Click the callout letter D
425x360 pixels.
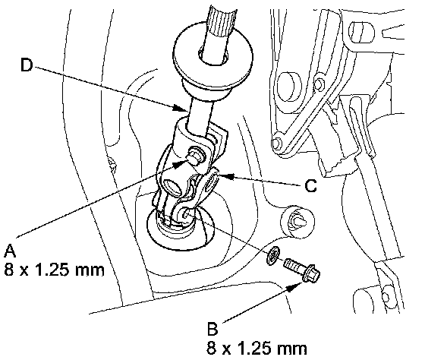[27, 65]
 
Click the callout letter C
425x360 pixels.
[310, 186]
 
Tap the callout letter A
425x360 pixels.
[10, 250]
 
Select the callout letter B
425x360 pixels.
[212, 329]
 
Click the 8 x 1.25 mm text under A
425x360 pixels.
[54, 270]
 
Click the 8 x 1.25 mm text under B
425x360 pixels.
[257, 348]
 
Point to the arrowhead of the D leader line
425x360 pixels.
[181, 109]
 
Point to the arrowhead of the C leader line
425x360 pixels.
[226, 176]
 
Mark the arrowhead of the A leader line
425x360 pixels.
[180, 163]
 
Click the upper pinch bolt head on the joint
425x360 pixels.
[196, 154]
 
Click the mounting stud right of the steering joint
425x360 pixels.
[297, 220]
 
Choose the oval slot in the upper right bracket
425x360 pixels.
[361, 32]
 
